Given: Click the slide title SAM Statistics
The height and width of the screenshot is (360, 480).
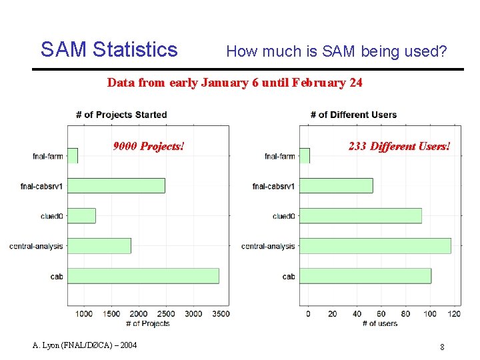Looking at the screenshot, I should [x=109, y=49].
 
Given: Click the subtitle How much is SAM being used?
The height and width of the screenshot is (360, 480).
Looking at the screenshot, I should [x=337, y=51].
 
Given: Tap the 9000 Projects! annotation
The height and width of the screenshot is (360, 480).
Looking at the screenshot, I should [x=148, y=146].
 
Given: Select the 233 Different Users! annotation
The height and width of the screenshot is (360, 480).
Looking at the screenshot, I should [x=399, y=146].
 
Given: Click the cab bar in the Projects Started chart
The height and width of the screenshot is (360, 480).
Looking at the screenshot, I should [x=143, y=275].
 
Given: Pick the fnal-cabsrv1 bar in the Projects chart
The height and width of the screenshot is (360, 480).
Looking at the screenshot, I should [x=116, y=185].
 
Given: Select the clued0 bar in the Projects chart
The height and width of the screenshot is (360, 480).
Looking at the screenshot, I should [x=81, y=215].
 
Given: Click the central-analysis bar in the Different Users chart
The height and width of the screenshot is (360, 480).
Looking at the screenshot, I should [x=379, y=245].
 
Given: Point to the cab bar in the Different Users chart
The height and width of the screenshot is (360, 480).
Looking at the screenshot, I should [x=369, y=275].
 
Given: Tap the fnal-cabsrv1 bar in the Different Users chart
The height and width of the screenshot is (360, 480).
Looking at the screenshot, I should [x=340, y=185].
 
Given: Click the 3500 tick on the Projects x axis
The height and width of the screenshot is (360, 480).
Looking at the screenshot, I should [x=221, y=313].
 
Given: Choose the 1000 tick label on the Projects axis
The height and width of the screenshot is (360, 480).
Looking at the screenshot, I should [x=84, y=313].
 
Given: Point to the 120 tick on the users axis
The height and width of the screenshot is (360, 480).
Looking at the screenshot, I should [x=454, y=313].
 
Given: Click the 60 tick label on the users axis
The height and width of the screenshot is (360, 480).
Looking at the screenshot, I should [x=381, y=313].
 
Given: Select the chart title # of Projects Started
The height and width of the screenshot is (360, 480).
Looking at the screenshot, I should [x=121, y=115].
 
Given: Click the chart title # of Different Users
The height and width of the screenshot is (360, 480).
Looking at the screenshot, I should [x=353, y=115].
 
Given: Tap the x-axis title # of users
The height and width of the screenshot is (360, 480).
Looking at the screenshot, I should [x=379, y=323].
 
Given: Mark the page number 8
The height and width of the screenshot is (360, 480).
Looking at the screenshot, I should [x=442, y=346].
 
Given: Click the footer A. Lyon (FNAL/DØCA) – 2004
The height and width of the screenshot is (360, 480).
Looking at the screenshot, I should [x=85, y=345].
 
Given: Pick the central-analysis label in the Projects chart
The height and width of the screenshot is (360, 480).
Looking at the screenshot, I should [x=36, y=246].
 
